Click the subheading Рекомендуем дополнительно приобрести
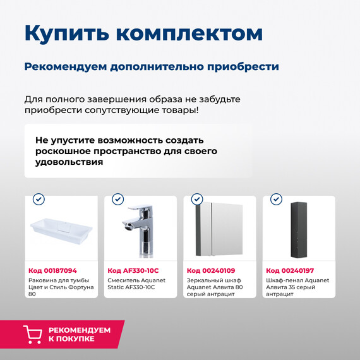coord(152,66)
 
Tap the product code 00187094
coord(53,270)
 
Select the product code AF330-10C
coord(133,270)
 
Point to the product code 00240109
coord(211,270)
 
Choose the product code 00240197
coord(290,270)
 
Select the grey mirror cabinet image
coord(219,231)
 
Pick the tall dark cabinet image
coord(298,230)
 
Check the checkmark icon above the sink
coord(39,200)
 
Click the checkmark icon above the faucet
coord(117,200)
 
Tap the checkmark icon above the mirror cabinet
coord(196,200)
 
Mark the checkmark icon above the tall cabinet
coord(276,200)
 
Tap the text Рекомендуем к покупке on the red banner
coord(80,335)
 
